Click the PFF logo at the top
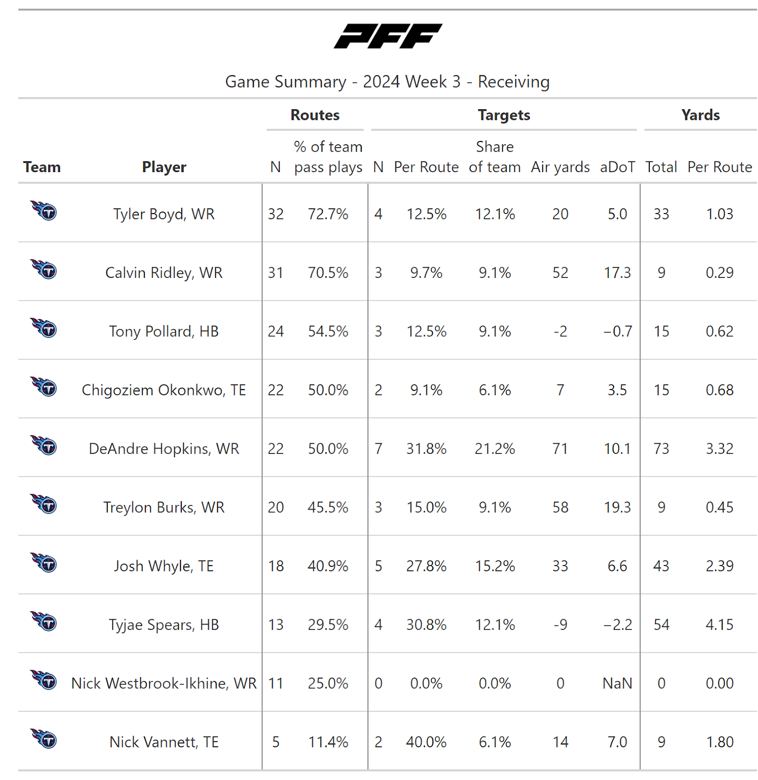388,36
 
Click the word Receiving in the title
513,81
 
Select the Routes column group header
315,115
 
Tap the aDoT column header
617,167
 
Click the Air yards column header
560,167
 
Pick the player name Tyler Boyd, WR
164,214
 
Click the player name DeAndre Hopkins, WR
164,448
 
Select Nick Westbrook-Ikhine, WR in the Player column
164,683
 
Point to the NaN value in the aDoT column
617,683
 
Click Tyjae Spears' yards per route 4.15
719,624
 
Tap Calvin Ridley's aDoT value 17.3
617,273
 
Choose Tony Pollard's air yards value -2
560,331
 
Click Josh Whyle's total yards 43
661,566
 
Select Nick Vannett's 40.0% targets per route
426,742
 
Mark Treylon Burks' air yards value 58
560,507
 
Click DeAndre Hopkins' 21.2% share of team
495,448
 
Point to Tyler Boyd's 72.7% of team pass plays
328,214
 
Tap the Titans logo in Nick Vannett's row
44,739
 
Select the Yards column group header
700,115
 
